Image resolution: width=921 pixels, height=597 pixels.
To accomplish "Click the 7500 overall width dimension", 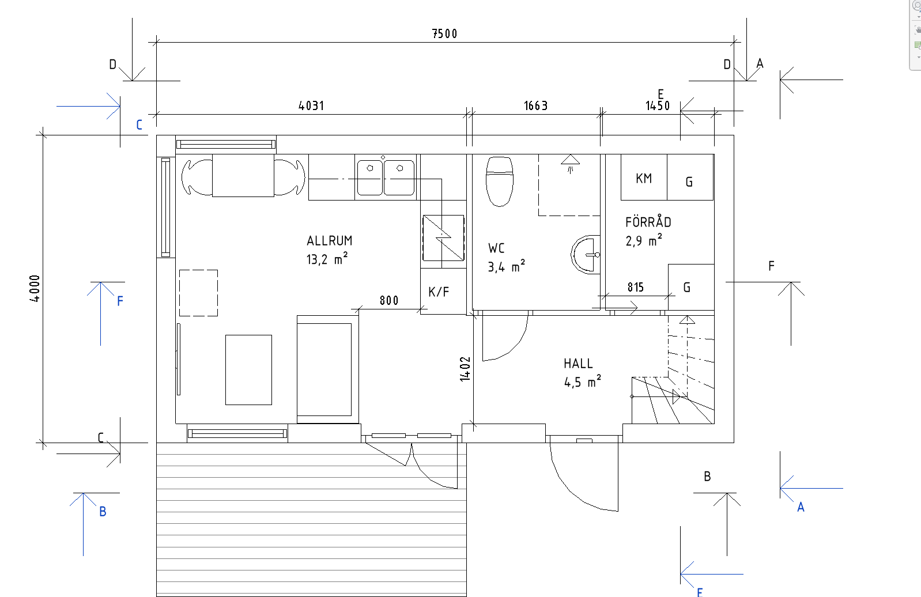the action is pos(444,33).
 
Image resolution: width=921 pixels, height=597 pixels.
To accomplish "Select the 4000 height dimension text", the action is pos(35,289).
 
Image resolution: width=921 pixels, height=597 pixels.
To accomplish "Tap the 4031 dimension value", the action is pos(311,105).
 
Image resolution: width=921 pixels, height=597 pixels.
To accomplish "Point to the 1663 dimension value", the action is pos(535,105).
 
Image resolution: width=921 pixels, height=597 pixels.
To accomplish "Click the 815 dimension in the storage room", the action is pos(635,287).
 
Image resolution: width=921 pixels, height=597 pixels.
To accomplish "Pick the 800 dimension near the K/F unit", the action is pos(389,301).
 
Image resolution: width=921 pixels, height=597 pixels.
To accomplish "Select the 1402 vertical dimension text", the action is pos(465,369).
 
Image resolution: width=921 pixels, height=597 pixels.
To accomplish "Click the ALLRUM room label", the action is pos(329,240).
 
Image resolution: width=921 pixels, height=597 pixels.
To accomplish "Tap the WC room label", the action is pos(496,248).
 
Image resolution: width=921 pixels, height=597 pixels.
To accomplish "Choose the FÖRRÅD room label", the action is pos(648,222).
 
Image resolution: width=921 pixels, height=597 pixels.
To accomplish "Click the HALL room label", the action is pos(578,364).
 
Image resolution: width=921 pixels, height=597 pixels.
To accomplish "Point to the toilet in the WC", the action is pos(500,182).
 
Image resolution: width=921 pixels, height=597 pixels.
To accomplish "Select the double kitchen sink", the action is pos(386,177).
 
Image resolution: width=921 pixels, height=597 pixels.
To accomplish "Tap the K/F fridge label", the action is pos(438,292).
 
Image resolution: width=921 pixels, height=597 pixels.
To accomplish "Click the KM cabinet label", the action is pos(643,179).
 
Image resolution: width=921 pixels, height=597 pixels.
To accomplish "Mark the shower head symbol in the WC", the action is pos(570,164).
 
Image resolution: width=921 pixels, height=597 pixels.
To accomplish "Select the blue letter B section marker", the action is pos(103,512).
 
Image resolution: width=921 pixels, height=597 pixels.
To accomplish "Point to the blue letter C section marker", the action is pos(139,124).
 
